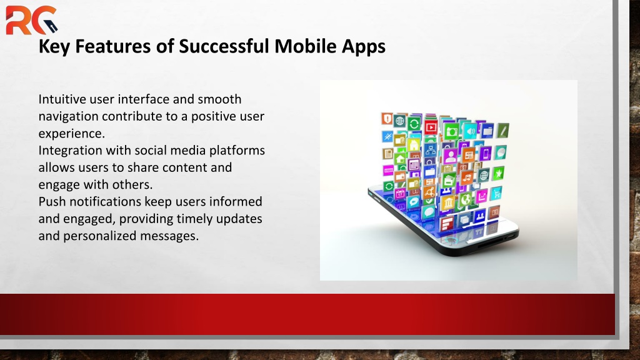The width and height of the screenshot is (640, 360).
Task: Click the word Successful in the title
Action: tap(224, 46)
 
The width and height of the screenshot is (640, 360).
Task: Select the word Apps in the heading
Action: tap(364, 47)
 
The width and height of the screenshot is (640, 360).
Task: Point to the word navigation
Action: tap(69, 117)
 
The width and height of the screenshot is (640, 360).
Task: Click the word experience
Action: tap(71, 134)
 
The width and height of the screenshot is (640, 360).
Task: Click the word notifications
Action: tap(105, 202)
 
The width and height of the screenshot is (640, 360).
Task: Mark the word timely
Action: tap(194, 219)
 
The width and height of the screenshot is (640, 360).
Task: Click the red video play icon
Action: tap(430, 127)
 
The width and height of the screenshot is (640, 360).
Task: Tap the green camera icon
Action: tap(451, 131)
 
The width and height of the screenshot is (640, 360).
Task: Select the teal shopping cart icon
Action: tap(496, 193)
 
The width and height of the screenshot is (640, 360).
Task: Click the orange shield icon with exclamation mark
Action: tap(387, 118)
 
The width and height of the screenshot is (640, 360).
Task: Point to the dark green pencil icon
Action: tap(503, 131)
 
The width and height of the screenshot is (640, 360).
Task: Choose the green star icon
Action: tap(498, 174)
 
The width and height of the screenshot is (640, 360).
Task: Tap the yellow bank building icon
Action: tap(447, 202)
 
